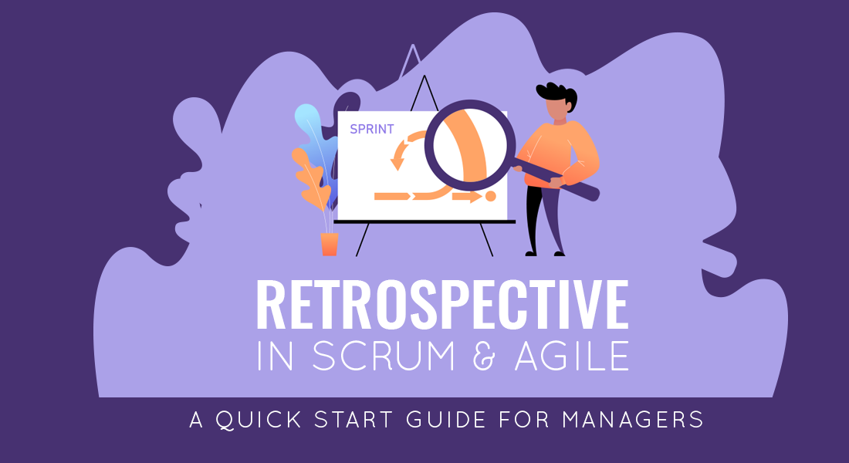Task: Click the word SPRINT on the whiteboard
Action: pyautogui.click(x=371, y=129)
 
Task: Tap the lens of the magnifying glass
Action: pyautogui.click(x=469, y=146)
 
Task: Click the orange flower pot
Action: pyautogui.click(x=330, y=244)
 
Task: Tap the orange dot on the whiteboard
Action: pyautogui.click(x=491, y=195)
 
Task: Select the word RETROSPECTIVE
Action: pyautogui.click(x=442, y=304)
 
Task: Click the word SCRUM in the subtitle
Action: pyautogui.click(x=384, y=356)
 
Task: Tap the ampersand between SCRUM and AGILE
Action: pyautogui.click(x=484, y=356)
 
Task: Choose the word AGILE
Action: pyautogui.click(x=572, y=356)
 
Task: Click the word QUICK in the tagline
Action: pyautogui.click(x=259, y=420)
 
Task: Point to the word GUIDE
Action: pyautogui.click(x=446, y=420)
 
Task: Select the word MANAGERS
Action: pyautogui.click(x=632, y=420)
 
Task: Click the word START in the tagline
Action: pyautogui.click(x=353, y=420)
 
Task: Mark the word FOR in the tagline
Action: pyautogui.click(x=523, y=420)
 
